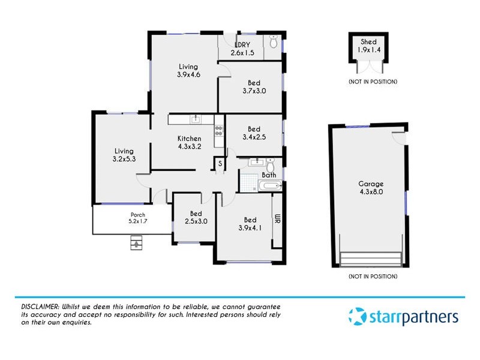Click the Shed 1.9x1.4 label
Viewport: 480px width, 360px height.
point(368,46)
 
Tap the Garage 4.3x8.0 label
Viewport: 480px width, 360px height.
point(371,188)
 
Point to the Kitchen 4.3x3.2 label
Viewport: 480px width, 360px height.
point(189,142)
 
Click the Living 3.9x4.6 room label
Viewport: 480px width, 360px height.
point(188,71)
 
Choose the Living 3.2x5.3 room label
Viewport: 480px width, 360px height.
point(124,155)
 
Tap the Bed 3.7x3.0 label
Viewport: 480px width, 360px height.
point(254,87)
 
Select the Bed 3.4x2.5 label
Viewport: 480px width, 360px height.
point(254,133)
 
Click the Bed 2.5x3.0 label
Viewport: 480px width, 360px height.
point(196,217)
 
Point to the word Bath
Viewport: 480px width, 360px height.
point(269,175)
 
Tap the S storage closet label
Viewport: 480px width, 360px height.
point(220,163)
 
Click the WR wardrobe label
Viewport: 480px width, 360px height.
point(277,220)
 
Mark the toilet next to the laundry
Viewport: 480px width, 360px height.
point(274,43)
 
